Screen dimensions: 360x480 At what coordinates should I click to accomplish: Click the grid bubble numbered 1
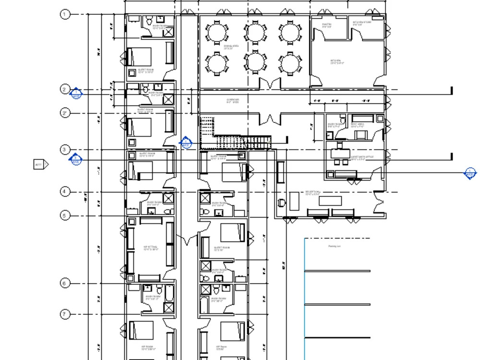coord(65,14)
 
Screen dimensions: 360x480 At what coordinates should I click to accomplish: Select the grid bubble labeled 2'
coord(65,113)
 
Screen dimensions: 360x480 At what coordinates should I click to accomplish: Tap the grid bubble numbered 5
coord(65,216)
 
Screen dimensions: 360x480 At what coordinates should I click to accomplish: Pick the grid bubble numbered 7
coord(65,315)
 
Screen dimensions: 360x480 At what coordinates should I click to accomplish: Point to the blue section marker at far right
coord(470,173)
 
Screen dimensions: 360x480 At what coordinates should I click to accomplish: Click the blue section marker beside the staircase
coord(186,143)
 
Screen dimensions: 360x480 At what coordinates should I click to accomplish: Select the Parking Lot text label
coord(335,246)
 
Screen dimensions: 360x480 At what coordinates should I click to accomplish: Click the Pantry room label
coord(327,24)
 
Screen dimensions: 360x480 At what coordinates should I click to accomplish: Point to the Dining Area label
coord(228,47)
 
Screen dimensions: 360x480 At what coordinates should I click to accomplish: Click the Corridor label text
coord(233,101)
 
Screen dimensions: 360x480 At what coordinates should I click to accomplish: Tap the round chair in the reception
coord(281,203)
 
